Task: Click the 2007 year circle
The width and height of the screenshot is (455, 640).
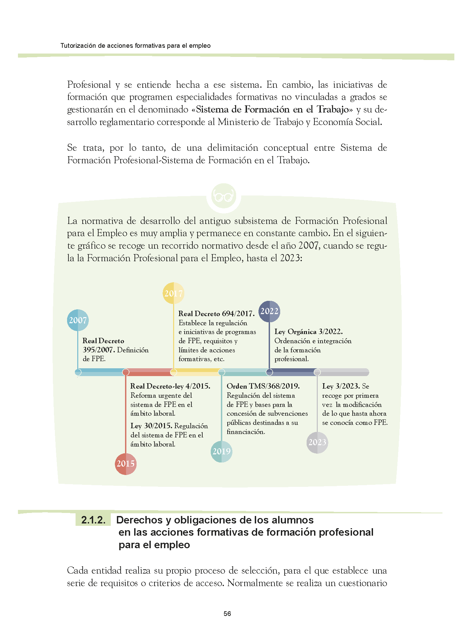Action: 78,320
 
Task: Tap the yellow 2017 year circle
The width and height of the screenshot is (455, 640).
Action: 173,293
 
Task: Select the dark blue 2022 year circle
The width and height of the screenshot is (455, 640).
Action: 269,311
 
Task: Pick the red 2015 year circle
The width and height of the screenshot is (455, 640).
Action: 126,464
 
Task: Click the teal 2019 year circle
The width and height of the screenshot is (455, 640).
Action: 222,451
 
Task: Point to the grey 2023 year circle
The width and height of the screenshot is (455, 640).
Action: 317,442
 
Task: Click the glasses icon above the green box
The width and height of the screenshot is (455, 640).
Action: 223,196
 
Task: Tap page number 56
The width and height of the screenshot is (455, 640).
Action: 227,614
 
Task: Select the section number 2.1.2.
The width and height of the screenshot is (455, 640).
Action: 93,520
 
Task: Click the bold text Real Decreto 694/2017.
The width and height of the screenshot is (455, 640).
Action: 216,314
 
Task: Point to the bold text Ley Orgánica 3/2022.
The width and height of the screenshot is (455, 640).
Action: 308,332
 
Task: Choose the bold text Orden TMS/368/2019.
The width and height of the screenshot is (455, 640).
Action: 263,386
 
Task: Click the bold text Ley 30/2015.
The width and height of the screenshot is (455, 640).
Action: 151,426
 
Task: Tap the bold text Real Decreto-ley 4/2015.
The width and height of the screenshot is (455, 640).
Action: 170,386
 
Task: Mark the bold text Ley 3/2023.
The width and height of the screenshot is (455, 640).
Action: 341,386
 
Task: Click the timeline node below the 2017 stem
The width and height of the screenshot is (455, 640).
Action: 173,372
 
